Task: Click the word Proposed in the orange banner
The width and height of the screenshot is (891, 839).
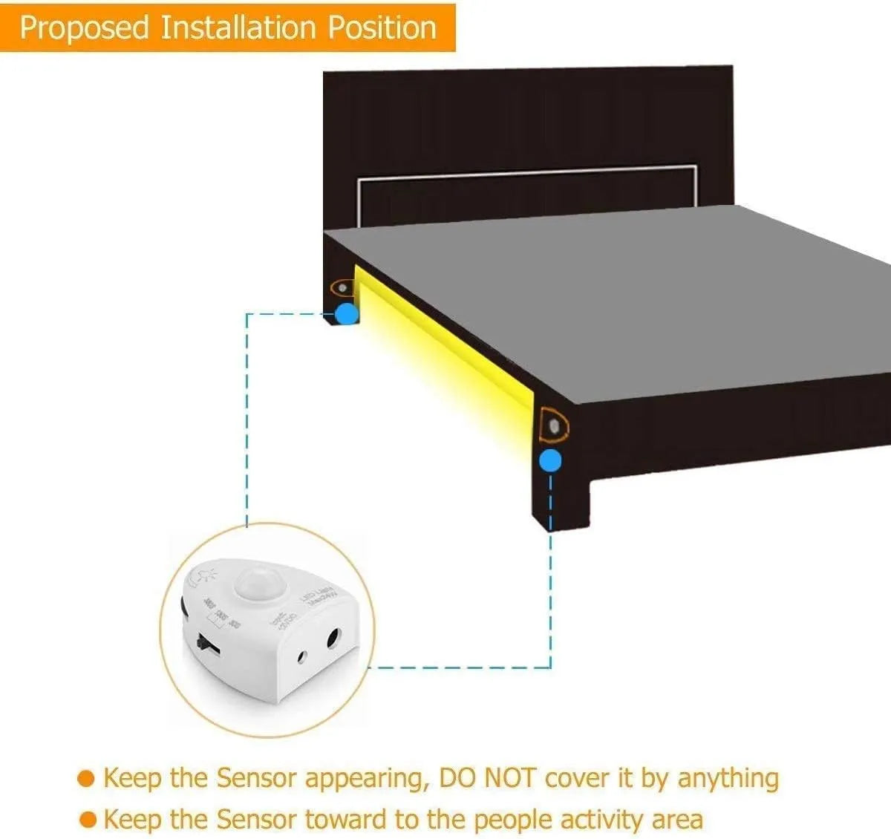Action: (85, 28)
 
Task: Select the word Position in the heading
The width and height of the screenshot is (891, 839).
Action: (382, 28)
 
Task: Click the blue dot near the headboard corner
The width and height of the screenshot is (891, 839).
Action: (346, 313)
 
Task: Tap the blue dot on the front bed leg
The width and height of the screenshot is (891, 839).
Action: (550, 461)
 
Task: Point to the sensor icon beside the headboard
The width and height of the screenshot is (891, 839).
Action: (342, 287)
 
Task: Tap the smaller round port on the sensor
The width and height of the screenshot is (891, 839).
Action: (302, 656)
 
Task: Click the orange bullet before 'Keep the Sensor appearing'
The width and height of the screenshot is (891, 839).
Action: (87, 779)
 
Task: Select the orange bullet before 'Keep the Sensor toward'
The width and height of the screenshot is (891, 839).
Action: (88, 820)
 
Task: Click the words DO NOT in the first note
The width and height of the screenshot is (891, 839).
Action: (487, 778)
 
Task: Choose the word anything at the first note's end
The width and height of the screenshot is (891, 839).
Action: (728, 778)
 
